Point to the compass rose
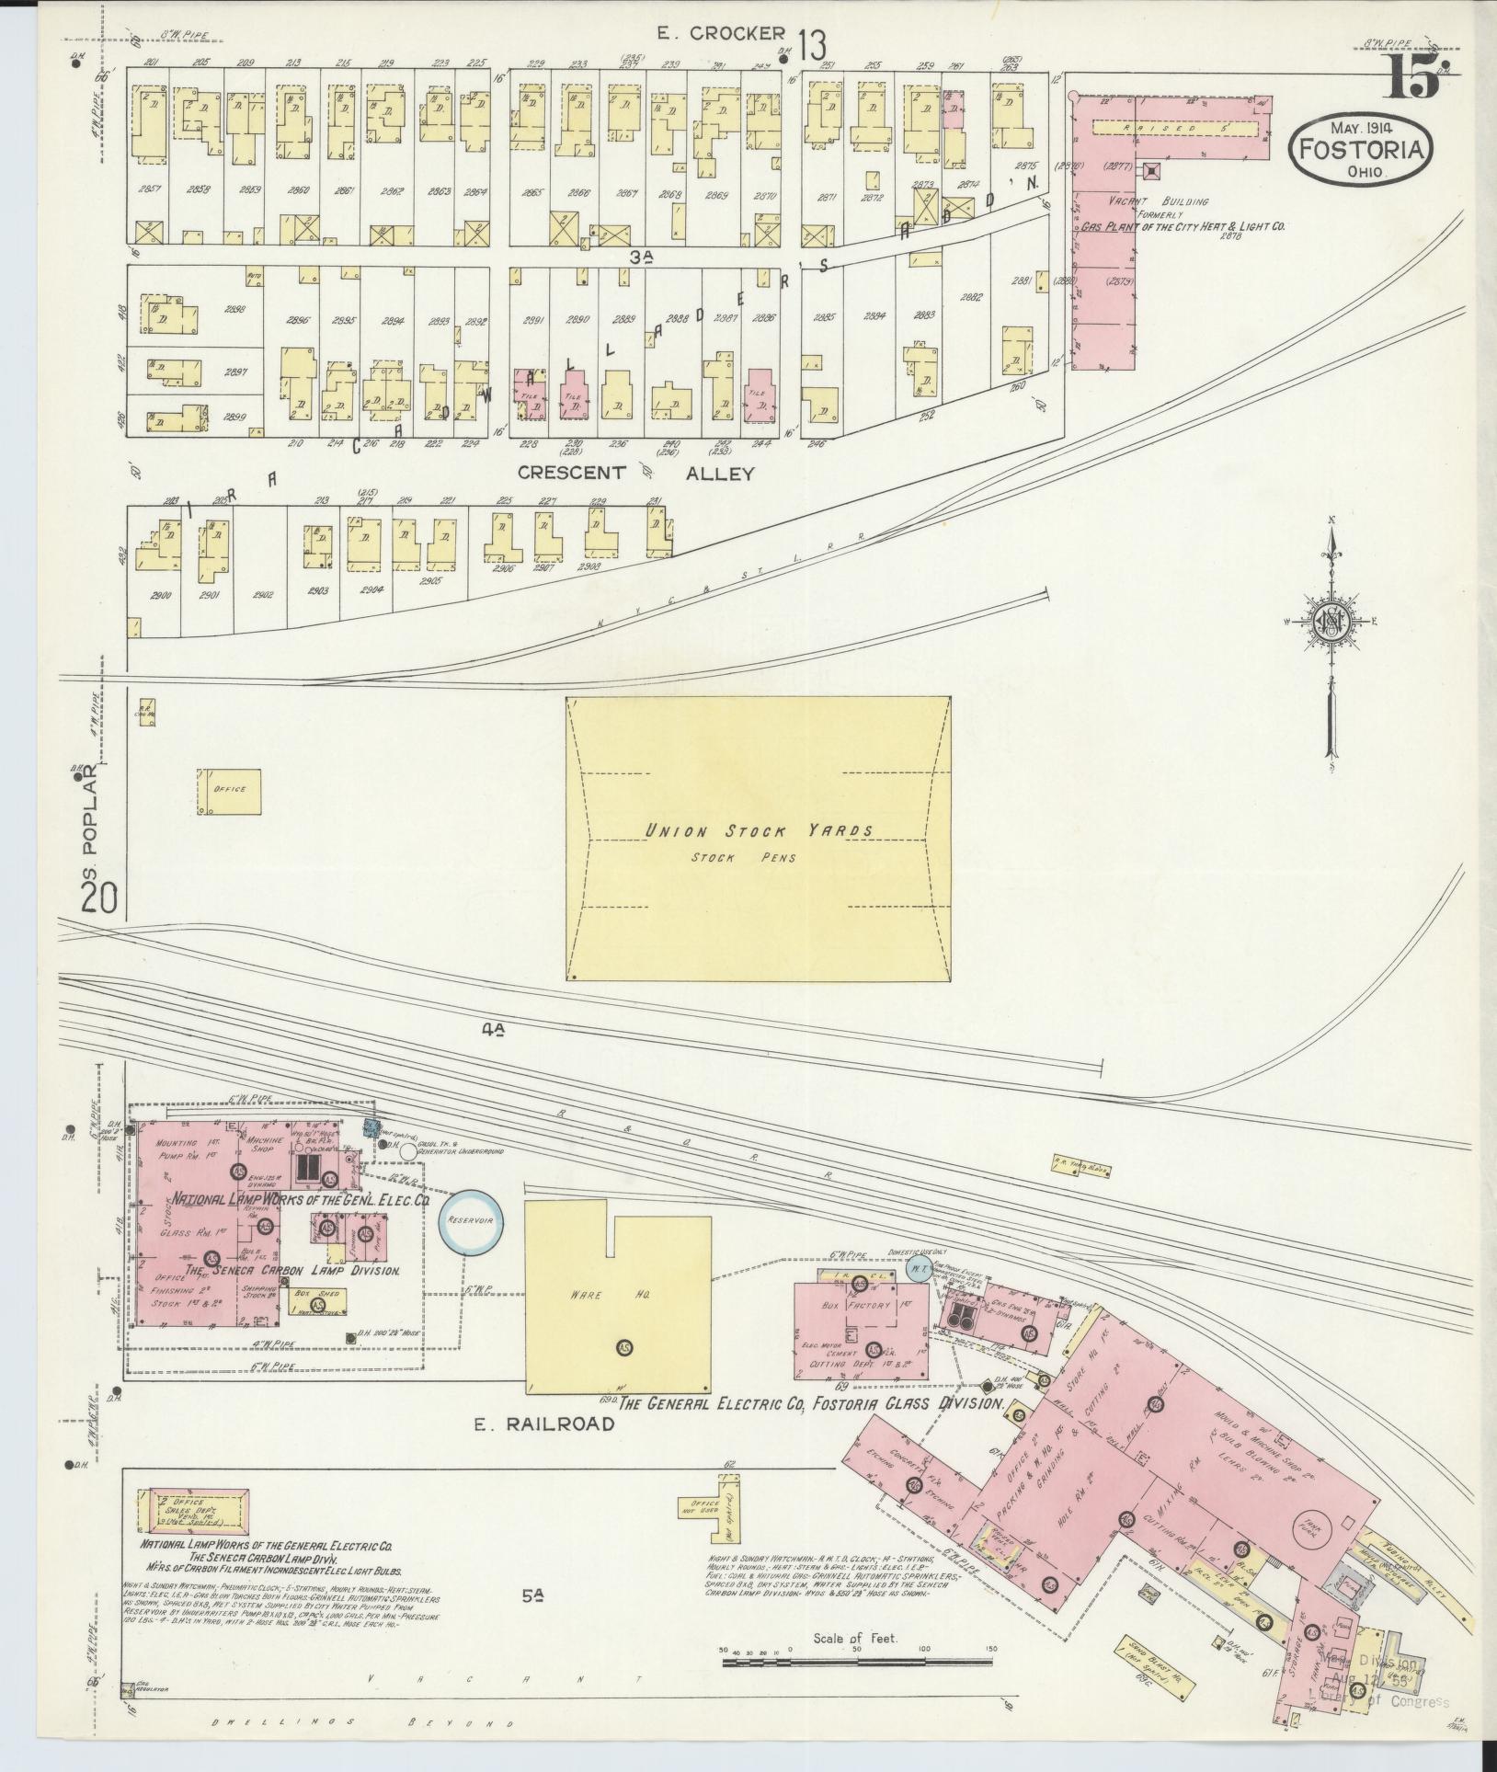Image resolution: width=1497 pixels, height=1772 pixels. pyautogui.click(x=1330, y=623)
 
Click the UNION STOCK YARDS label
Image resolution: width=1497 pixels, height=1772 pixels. pyautogui.click(x=758, y=831)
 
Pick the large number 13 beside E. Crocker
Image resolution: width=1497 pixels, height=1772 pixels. pyautogui.click(x=812, y=43)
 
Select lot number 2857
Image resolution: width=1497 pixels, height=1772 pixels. pyautogui.click(x=148, y=190)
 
